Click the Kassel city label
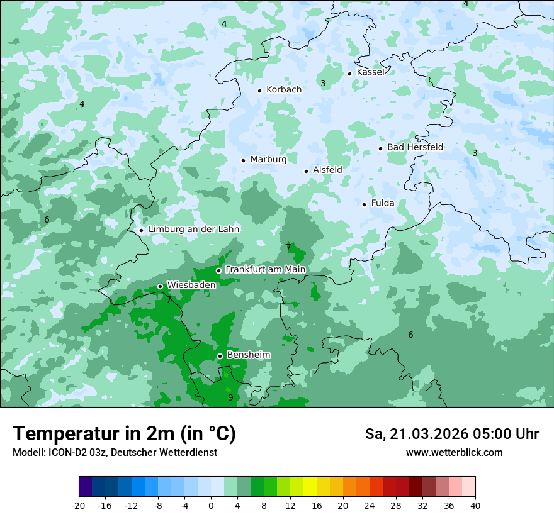pyautogui.click(x=370, y=72)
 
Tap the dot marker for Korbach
pyautogui.click(x=259, y=91)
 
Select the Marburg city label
pyautogui.click(x=268, y=160)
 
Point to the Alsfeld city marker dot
pyautogui.click(x=307, y=171)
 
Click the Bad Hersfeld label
pyautogui.click(x=415, y=147)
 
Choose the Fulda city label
pyautogui.click(x=383, y=203)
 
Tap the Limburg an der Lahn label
pyautogui.click(x=193, y=230)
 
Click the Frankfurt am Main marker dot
pyautogui.click(x=218, y=270)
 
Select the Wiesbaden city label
pyautogui.click(x=191, y=285)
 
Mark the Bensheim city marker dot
pyautogui.click(x=220, y=356)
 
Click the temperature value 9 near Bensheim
pyautogui.click(x=230, y=397)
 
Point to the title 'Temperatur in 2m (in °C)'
pyautogui.click(x=124, y=434)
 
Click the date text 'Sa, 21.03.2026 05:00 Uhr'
pyautogui.click(x=451, y=434)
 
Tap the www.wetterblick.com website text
pyautogui.click(x=454, y=453)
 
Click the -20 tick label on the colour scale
pyautogui.click(x=79, y=506)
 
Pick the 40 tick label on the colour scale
pyautogui.click(x=475, y=506)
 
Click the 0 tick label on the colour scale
pyautogui.click(x=211, y=506)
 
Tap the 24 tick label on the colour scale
pyautogui.click(x=370, y=506)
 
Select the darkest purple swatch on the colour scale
pyautogui.click(x=86, y=487)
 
